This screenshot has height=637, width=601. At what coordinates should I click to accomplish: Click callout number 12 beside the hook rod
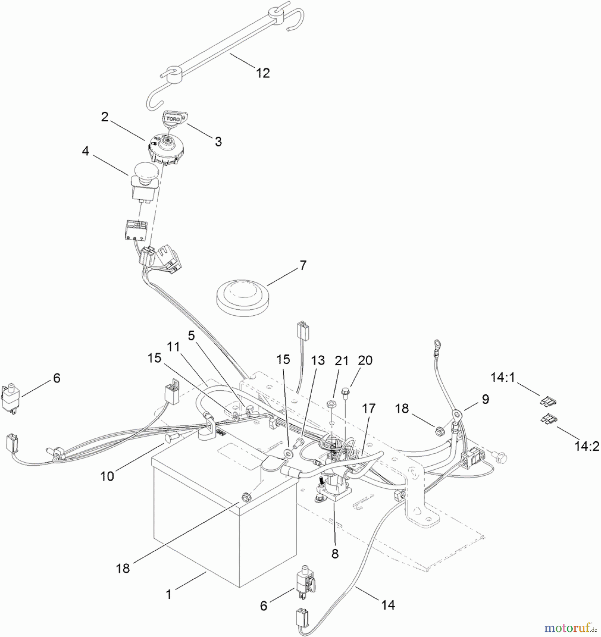click(x=263, y=73)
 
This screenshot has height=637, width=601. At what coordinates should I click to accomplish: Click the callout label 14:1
click(x=503, y=378)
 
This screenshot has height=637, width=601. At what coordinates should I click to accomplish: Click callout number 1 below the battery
click(x=169, y=594)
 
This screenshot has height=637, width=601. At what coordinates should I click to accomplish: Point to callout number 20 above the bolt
click(x=365, y=361)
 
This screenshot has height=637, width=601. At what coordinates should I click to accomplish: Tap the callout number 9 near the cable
click(x=485, y=399)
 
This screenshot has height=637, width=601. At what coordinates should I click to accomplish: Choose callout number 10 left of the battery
click(x=107, y=476)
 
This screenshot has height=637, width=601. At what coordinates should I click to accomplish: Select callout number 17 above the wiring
click(x=369, y=409)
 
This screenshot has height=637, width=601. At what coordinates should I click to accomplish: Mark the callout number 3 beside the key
click(x=219, y=142)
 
